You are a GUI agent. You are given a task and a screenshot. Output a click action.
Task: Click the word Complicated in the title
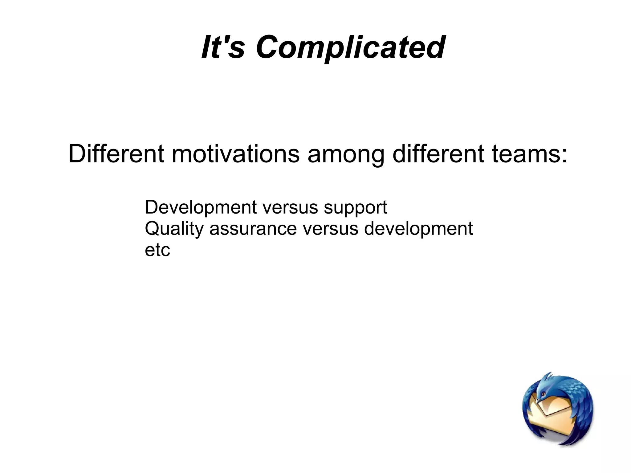point(350,47)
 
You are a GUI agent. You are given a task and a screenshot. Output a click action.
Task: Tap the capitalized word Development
point(201,208)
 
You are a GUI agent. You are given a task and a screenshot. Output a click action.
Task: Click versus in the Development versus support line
point(290,208)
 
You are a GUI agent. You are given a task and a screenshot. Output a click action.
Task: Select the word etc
point(157,250)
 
